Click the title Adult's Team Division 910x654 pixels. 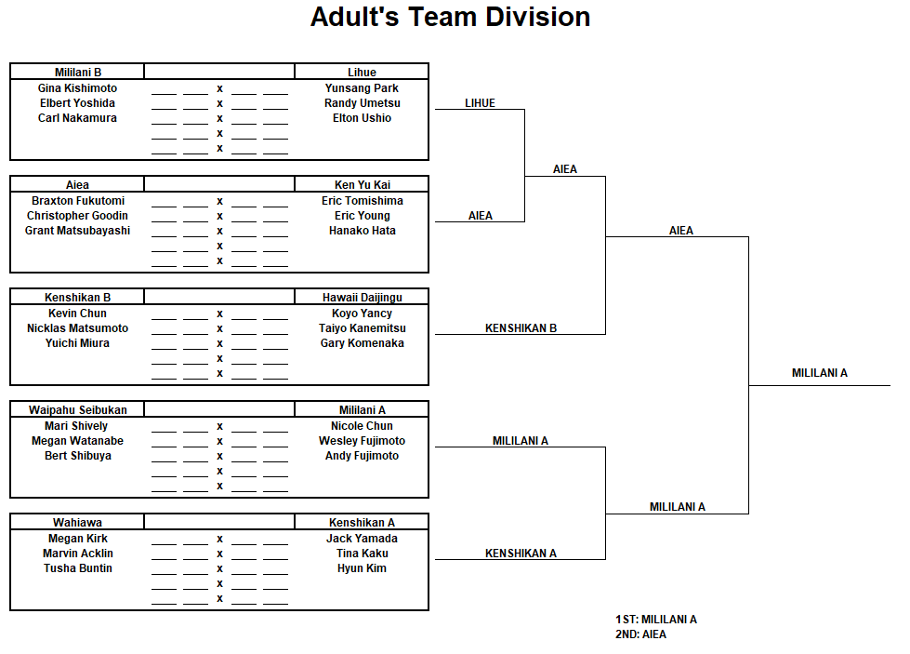tap(451, 17)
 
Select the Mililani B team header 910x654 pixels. tap(78, 72)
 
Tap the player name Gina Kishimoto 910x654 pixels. tap(78, 88)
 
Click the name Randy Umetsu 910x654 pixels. tap(363, 103)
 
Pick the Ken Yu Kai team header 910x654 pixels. tap(363, 185)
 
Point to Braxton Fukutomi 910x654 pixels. tap(78, 200)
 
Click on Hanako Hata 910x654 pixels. tap(363, 231)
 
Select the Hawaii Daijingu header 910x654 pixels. tap(363, 298)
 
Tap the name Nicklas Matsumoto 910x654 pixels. tap(78, 328)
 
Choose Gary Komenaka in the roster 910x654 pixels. tap(363, 343)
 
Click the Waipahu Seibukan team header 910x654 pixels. tap(78, 410)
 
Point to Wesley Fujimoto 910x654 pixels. tap(363, 441)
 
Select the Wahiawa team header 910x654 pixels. tap(78, 523)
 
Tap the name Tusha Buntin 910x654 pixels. tap(78, 568)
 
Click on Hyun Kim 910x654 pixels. tap(363, 568)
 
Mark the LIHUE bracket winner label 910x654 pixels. tap(480, 103)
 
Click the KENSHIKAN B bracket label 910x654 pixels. tap(521, 328)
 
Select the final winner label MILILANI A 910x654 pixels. tap(820, 373)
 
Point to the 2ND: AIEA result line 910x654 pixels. tap(640, 634)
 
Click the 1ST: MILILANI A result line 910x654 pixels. tap(656, 620)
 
